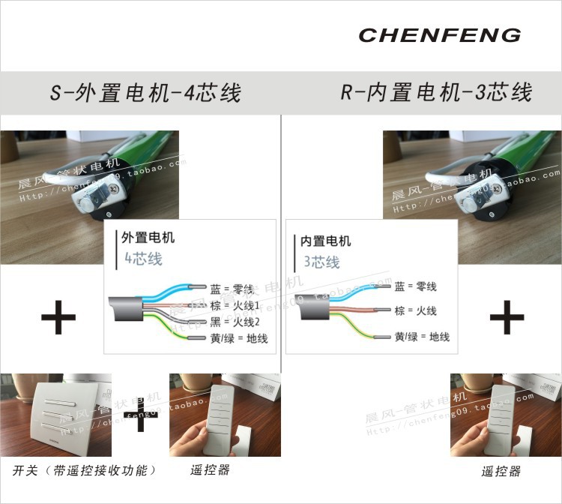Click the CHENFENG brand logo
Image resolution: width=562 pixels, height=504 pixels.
click(x=439, y=34)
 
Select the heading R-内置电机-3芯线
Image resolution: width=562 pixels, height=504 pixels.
click(x=436, y=93)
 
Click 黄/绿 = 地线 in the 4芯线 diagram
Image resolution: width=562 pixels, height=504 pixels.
click(x=239, y=338)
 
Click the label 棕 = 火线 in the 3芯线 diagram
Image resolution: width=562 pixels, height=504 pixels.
click(x=415, y=310)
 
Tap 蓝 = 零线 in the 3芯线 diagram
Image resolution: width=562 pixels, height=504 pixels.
click(x=415, y=286)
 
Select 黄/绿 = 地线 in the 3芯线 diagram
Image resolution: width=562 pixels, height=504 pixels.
click(x=422, y=337)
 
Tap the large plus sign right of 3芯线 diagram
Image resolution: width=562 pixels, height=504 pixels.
click(x=507, y=319)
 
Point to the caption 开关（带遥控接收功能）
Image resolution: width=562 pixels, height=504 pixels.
click(x=84, y=470)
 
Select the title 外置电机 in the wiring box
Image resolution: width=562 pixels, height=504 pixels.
click(x=148, y=238)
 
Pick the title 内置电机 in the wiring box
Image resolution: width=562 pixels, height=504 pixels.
click(x=325, y=241)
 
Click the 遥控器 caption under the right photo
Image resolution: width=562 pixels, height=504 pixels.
click(x=501, y=472)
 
